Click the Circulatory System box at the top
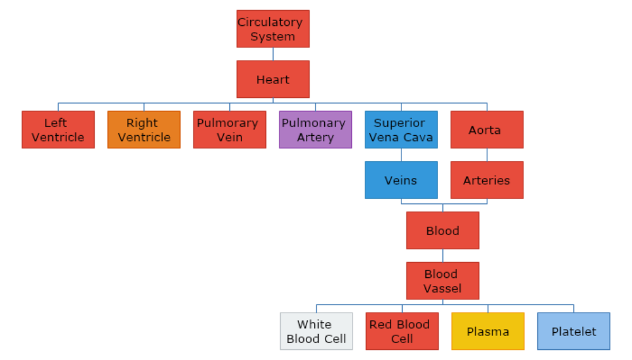pos(273,28)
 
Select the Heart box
pos(273,79)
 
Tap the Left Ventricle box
pos(58,129)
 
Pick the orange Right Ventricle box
pos(144,129)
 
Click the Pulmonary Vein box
pos(229,129)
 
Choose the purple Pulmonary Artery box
pos(315,129)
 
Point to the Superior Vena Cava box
pos(401,129)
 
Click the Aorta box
pos(487,129)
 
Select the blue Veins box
pos(401,180)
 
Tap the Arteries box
pos(487,180)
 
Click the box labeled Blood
pos(442,231)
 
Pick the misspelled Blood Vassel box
pos(442,281)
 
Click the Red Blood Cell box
pos(402,331)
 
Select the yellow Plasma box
pos(488,331)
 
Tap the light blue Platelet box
pos(574,331)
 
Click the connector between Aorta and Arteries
pos(487,155)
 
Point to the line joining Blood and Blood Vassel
pos(442,255)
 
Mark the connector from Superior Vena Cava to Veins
pos(401,155)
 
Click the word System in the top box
pos(272,37)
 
